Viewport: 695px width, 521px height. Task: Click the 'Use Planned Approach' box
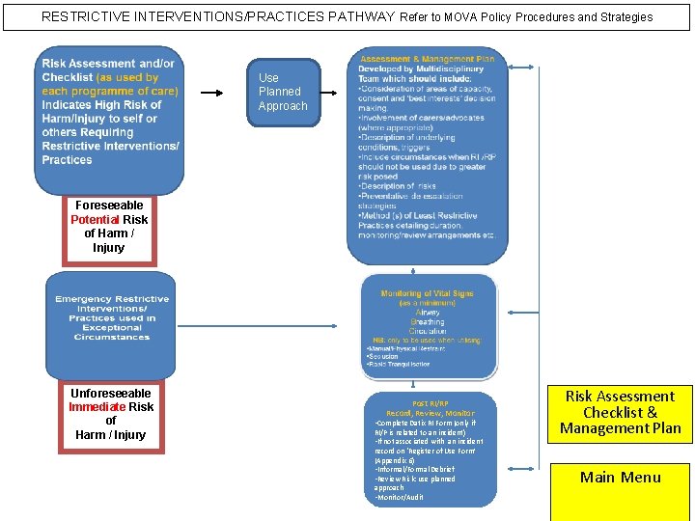click(283, 92)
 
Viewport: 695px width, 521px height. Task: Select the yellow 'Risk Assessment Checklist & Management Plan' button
click(620, 412)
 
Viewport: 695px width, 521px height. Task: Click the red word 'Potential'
click(94, 219)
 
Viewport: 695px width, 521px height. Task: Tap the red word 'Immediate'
click(97, 406)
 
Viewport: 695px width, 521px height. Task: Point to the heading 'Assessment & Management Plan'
click(427, 59)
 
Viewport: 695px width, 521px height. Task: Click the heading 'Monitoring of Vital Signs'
click(428, 293)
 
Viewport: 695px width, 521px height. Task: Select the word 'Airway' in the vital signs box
click(428, 313)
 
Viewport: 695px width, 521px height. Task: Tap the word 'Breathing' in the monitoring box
click(428, 322)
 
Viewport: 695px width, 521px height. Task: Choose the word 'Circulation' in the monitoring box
click(428, 331)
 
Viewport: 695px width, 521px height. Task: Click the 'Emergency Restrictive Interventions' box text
click(112, 317)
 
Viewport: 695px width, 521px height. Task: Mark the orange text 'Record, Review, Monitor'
click(431, 413)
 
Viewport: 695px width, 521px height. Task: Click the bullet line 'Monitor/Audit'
click(402, 497)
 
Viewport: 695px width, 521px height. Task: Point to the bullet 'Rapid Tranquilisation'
click(399, 364)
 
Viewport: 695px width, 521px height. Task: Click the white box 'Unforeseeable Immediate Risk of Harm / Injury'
click(111, 414)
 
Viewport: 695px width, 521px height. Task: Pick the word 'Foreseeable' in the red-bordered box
click(109, 205)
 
